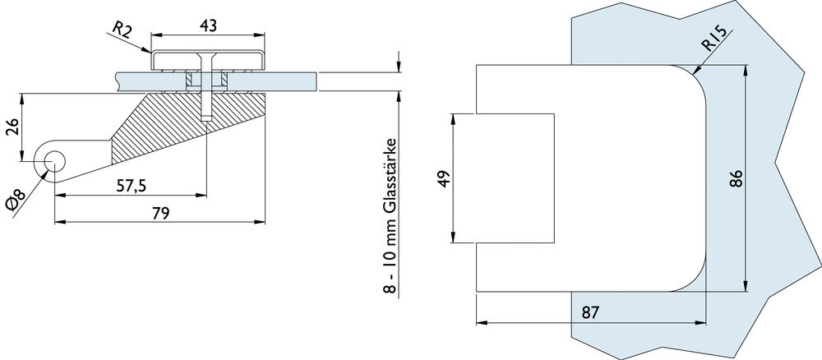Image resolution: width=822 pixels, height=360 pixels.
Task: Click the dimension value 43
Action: point(208,25)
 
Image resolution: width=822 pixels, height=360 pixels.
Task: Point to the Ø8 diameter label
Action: point(18,201)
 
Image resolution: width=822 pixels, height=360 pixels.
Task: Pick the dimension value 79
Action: point(160,214)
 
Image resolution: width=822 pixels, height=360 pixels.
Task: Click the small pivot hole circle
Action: point(56,160)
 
